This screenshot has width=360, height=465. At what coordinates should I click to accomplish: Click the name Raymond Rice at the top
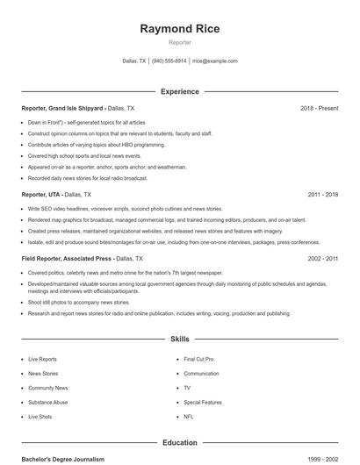point(179,28)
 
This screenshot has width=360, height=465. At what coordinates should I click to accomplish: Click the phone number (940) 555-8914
point(169,61)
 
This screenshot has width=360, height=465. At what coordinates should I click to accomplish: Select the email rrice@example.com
point(214,61)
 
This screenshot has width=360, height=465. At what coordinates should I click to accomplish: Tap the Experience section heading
point(179,91)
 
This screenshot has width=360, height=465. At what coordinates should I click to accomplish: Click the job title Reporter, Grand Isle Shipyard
point(63,108)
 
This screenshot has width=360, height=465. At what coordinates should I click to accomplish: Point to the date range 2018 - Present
point(319,108)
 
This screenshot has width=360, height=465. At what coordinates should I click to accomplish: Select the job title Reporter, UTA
point(40,194)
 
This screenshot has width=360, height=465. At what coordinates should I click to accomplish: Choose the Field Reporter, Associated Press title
point(68,259)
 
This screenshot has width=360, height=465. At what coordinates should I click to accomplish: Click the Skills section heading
point(179,338)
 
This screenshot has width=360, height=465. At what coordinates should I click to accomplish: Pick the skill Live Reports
point(43,359)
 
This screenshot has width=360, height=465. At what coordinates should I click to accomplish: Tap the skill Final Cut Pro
point(198,359)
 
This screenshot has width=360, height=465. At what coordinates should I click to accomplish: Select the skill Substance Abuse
point(47,402)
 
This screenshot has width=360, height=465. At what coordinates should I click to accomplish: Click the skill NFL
point(189,416)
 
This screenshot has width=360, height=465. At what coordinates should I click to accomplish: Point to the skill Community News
point(48,387)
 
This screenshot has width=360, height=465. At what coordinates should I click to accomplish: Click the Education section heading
point(179,443)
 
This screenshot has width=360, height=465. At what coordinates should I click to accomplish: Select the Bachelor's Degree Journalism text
point(63,459)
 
